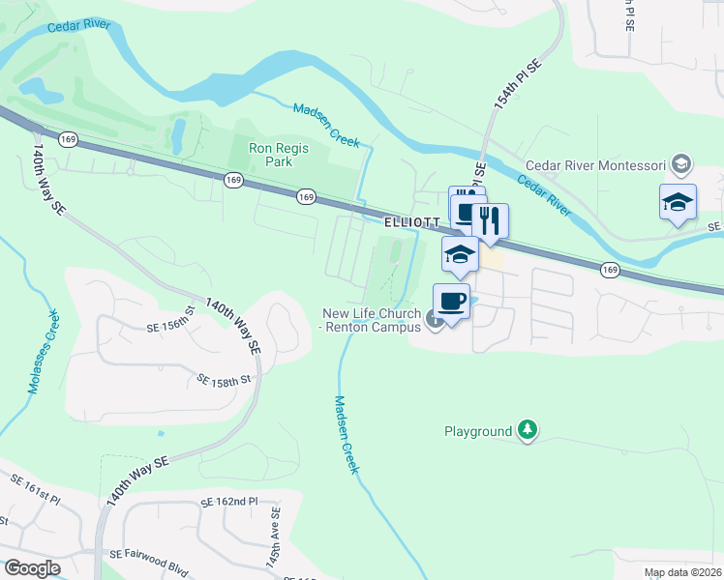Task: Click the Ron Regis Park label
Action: [x=279, y=156]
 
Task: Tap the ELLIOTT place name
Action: [x=412, y=221]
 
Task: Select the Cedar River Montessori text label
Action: [x=596, y=164]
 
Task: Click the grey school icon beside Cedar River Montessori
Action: [x=681, y=164]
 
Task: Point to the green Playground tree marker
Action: [x=527, y=430]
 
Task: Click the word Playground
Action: [x=477, y=431]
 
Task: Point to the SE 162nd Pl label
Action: [x=229, y=503]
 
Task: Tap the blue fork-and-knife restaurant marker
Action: [x=492, y=221]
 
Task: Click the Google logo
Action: [x=32, y=567]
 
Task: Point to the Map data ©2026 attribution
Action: [x=681, y=572]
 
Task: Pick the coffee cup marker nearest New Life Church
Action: [x=452, y=301]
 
